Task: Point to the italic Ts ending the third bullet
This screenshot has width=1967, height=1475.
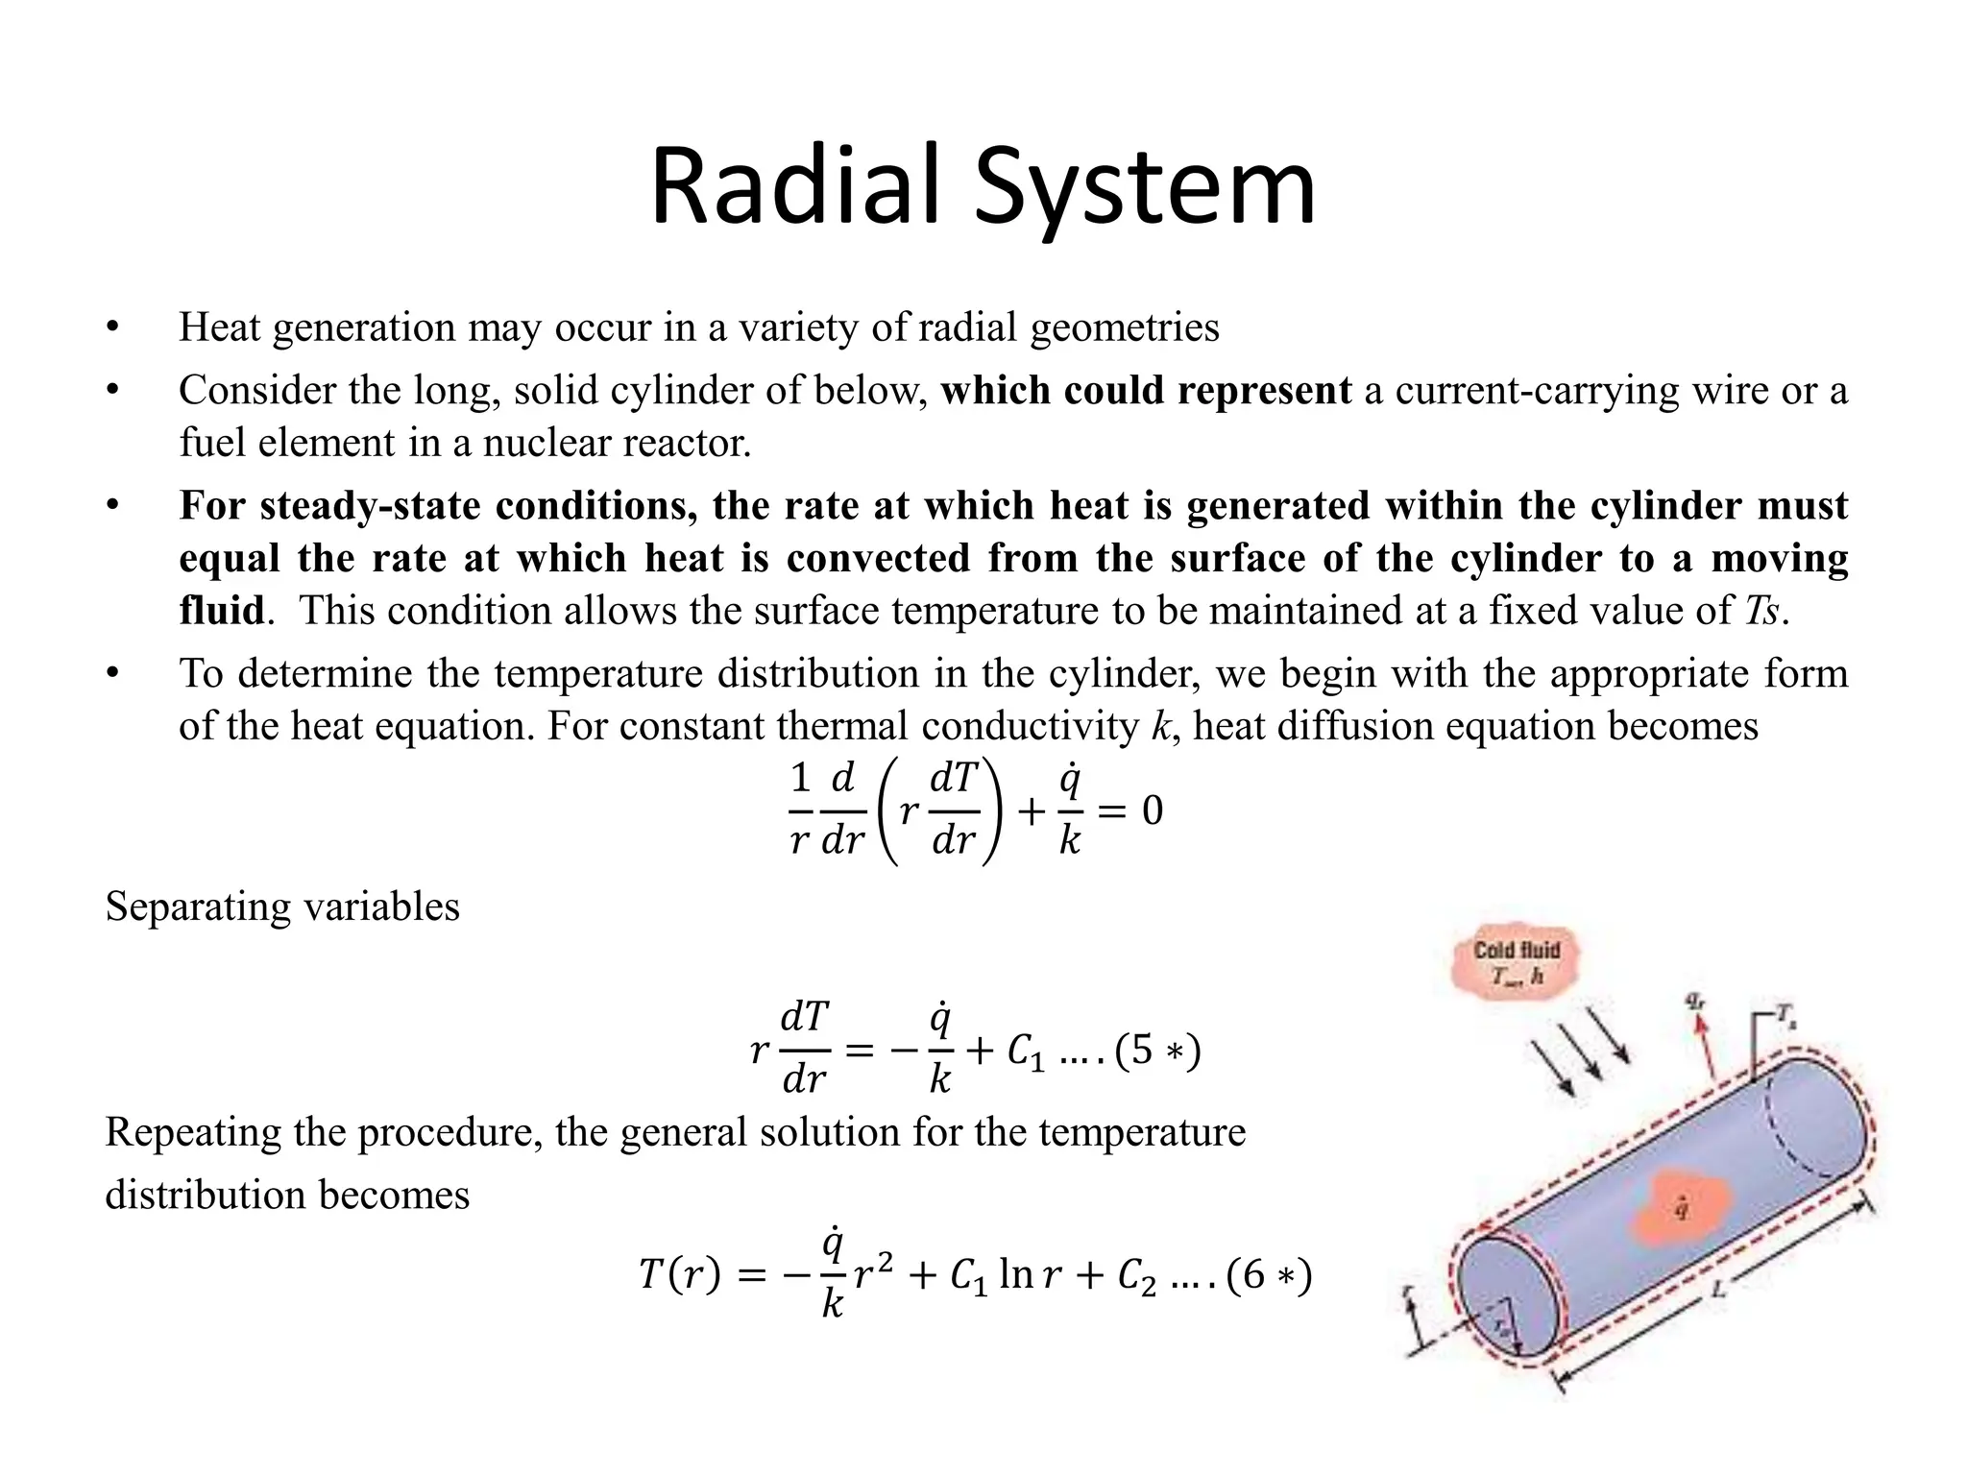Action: tap(1762, 611)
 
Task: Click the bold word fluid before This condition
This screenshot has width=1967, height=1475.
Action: tap(222, 611)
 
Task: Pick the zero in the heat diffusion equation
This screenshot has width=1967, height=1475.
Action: tap(1153, 811)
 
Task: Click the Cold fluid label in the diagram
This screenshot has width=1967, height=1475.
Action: tap(1517, 951)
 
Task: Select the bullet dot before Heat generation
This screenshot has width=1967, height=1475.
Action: tap(112, 328)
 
